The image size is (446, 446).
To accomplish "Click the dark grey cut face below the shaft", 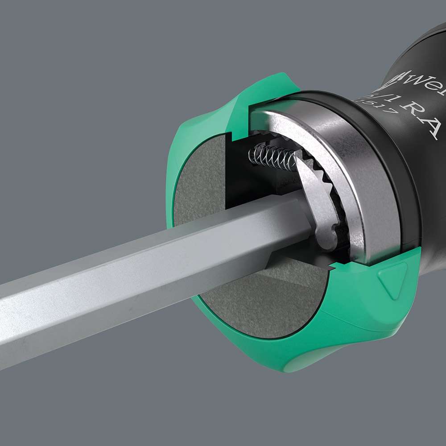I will click(268, 303).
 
